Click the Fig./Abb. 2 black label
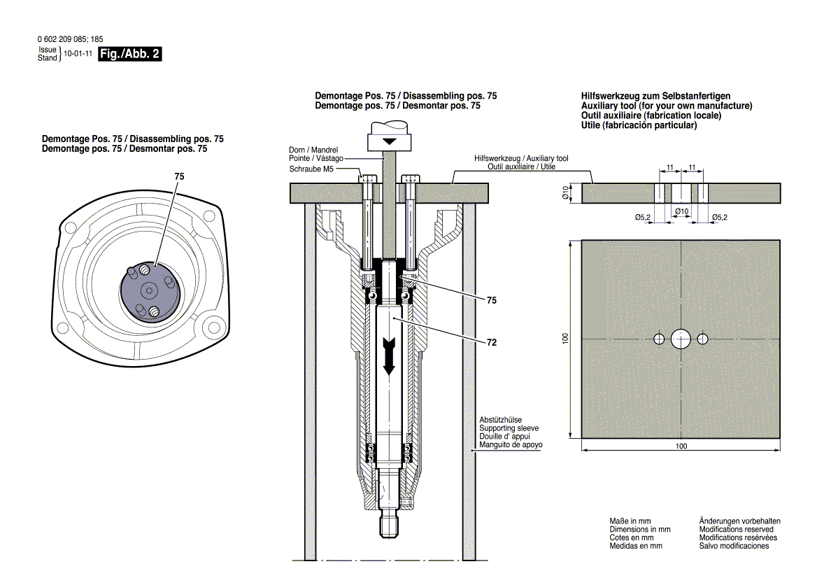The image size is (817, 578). click(131, 54)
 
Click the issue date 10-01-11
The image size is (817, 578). click(78, 54)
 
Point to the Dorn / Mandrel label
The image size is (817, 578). click(313, 150)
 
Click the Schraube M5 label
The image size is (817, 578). click(314, 169)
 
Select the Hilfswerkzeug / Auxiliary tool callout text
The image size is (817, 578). click(521, 159)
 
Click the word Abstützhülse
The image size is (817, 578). click(500, 419)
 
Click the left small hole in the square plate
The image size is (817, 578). click(659, 339)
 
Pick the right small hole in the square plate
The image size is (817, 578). click(702, 339)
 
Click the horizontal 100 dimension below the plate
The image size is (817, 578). click(681, 446)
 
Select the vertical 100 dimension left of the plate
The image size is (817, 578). click(566, 339)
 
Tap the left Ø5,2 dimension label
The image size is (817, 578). click(644, 218)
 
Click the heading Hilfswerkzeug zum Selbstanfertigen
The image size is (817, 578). click(655, 96)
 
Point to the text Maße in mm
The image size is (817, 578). click(630, 521)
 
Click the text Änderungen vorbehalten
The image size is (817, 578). click(739, 521)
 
